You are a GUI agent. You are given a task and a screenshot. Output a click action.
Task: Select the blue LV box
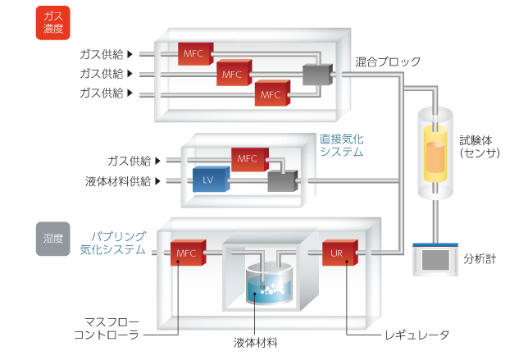(x=208, y=180)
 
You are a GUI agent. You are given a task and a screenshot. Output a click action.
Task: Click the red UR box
(x=337, y=253)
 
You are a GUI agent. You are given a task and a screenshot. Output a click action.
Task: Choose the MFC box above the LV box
(x=249, y=158)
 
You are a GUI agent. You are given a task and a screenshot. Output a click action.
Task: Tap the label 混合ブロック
(x=388, y=62)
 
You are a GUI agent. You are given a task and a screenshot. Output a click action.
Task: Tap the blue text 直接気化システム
(x=340, y=146)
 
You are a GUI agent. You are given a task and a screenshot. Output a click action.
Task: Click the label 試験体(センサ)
(x=479, y=146)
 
